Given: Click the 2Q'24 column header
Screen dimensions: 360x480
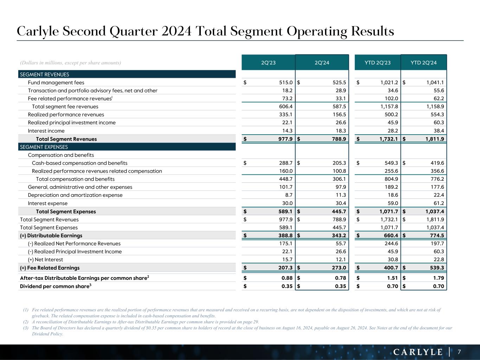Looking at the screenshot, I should pyautogui.click(x=322, y=63).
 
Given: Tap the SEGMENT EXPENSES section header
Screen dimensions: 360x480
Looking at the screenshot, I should pyautogui.click(x=44, y=147).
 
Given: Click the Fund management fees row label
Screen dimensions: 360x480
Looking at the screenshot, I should pyautogui.click(x=56, y=83).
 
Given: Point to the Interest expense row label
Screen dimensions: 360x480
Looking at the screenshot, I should pyautogui.click(x=48, y=203).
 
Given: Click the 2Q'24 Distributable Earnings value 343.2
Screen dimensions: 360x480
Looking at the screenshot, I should pyautogui.click(x=339, y=236).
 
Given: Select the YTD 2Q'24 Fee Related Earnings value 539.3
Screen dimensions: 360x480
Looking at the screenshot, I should pyautogui.click(x=437, y=268).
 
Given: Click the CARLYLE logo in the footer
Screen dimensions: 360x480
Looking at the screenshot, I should pyautogui.click(x=418, y=352).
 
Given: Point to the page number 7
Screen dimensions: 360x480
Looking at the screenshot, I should pyautogui.click(x=459, y=352).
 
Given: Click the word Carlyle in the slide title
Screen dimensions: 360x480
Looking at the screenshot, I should pyautogui.click(x=38, y=32).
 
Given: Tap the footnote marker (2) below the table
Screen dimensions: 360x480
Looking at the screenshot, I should pyautogui.click(x=26, y=322).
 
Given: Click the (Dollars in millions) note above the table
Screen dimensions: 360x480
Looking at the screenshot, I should pyautogui.click(x=71, y=63).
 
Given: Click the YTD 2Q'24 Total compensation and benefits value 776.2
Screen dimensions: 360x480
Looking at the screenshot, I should pyautogui.click(x=437, y=179).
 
